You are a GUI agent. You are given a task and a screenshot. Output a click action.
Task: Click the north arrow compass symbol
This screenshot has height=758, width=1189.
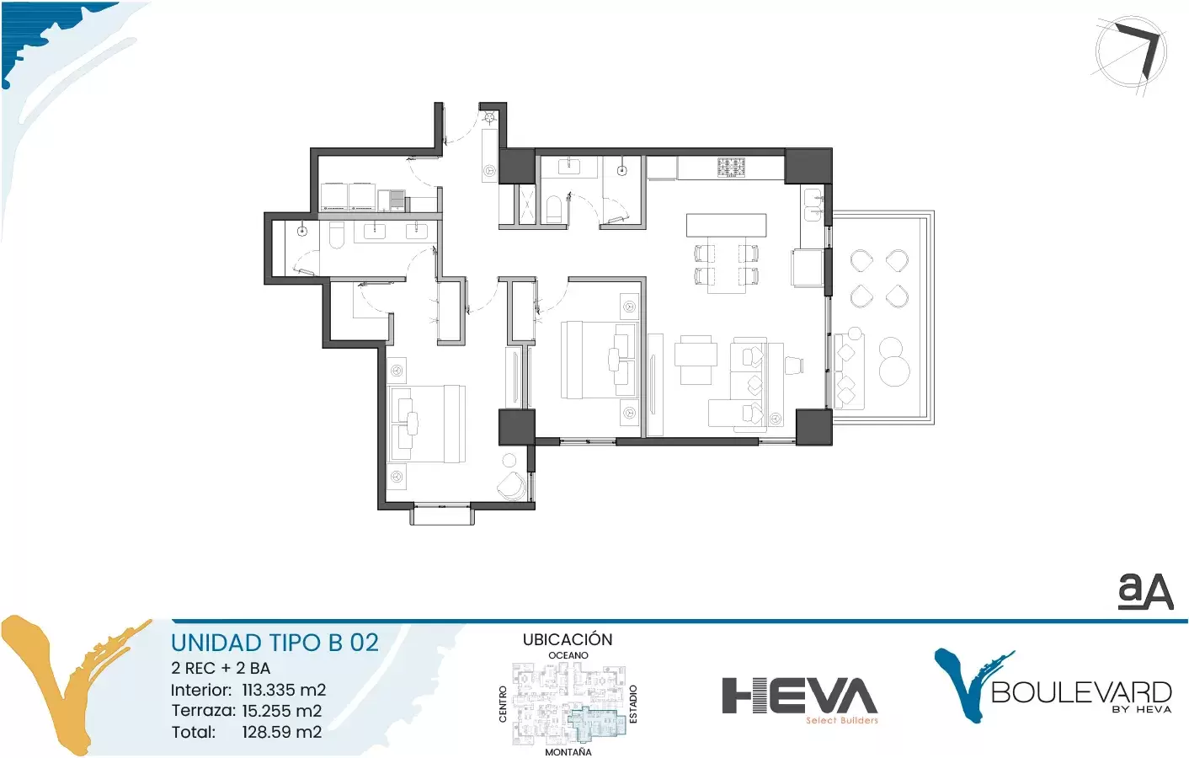[x=1131, y=53]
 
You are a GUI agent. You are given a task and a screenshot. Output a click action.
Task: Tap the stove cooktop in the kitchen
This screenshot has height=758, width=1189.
[x=731, y=168]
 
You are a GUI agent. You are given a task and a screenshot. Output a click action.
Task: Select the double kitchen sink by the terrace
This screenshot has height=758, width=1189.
[x=814, y=205]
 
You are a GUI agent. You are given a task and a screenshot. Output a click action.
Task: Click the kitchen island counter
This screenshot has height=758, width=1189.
[x=726, y=225]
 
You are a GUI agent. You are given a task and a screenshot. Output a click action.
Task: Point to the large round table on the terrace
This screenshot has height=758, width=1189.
[x=894, y=371]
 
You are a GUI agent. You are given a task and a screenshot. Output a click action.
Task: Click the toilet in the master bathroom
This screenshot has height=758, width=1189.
[x=337, y=235]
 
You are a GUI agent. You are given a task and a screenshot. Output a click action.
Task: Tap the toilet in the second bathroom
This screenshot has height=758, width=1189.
[x=553, y=209]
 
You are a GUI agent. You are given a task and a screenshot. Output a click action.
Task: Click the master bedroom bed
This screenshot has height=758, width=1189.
[x=427, y=424]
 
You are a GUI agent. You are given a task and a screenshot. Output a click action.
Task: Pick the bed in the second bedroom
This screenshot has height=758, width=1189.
[x=600, y=360]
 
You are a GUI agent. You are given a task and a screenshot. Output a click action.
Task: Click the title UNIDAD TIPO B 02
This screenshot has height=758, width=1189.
[x=275, y=643]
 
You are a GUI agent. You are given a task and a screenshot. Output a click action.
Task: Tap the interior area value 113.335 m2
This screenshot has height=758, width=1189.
[x=284, y=690]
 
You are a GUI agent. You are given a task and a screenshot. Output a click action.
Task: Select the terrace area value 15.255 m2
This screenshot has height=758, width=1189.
[x=282, y=711]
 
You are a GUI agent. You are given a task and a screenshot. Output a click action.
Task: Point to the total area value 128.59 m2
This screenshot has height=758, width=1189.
[x=282, y=732]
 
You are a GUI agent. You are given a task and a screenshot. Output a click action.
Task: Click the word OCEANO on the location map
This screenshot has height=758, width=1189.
[x=568, y=655]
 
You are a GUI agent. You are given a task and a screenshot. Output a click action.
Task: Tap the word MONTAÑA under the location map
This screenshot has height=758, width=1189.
[x=568, y=752]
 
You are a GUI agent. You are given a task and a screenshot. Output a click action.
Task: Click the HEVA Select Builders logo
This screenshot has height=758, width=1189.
[x=799, y=700]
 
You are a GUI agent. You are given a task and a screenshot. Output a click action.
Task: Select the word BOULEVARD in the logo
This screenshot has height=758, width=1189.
[x=1081, y=692]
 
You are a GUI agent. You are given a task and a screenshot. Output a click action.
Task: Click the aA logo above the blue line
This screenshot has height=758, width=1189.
[x=1145, y=590]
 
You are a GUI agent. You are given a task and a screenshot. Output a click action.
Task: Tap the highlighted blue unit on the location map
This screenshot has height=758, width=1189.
[x=598, y=723]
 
